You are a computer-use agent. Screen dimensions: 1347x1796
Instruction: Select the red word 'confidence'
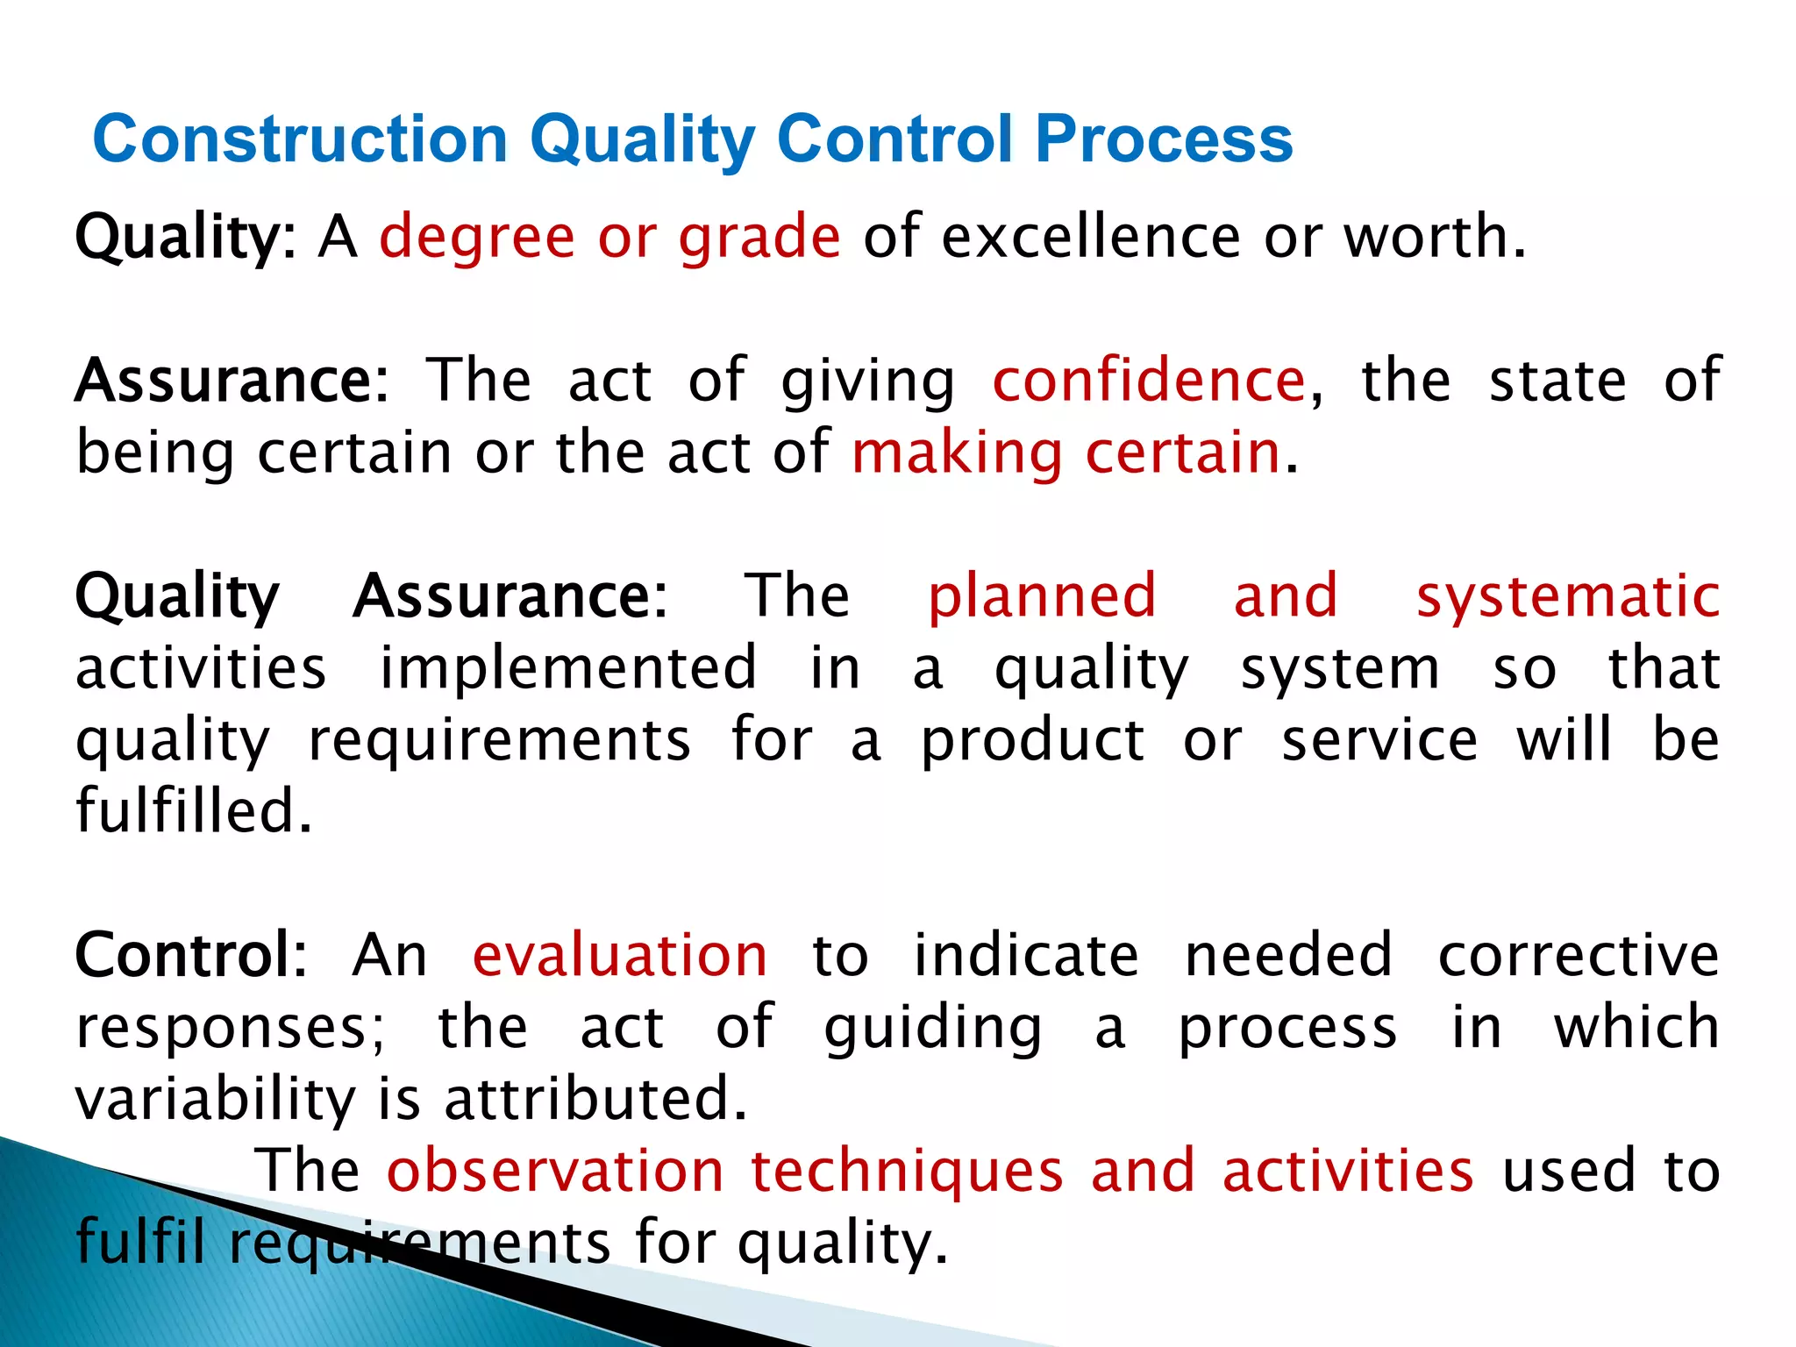(1149, 381)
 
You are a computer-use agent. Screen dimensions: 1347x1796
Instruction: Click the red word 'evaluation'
(620, 955)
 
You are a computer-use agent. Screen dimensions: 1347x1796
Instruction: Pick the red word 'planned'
(1042, 596)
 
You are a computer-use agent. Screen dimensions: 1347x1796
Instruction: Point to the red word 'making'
(957, 454)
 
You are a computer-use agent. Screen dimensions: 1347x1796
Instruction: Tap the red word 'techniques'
(907, 1172)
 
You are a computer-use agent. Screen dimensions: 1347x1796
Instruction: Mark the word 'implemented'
(567, 669)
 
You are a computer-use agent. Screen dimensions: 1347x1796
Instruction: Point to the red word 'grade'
(759, 239)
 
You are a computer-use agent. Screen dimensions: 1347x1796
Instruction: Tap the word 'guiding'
(933, 1029)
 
